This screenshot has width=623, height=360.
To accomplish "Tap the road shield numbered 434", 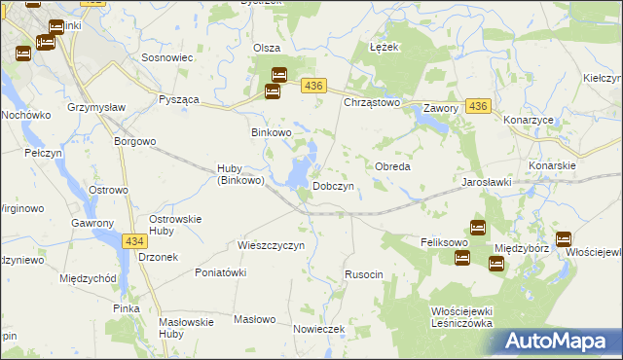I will [x=135, y=239].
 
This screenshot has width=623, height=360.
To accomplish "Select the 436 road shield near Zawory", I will [x=477, y=105].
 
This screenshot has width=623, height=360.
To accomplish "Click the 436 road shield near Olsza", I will [x=312, y=87].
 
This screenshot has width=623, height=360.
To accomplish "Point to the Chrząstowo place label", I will [x=372, y=101].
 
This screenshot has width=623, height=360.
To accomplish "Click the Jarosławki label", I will [x=487, y=182].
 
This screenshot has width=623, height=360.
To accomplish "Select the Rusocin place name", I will [x=364, y=275].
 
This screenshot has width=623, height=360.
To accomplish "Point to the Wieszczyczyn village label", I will [x=272, y=245].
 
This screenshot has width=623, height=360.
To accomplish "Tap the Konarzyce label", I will [x=529, y=120].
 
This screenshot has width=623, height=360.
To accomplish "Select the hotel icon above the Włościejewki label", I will [x=563, y=238].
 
